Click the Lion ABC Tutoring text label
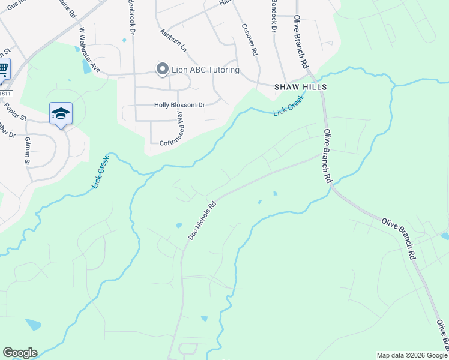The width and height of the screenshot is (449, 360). click(x=205, y=70)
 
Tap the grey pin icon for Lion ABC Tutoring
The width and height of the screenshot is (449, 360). click(x=162, y=70)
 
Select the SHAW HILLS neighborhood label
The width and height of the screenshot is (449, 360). click(x=301, y=87)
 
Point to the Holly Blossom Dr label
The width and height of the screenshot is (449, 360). click(x=179, y=105)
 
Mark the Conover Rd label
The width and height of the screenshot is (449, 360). click(x=249, y=39)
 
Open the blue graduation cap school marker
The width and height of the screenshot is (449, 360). click(x=61, y=113)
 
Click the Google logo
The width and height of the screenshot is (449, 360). click(x=20, y=353)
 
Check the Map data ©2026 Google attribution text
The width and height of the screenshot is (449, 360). click(x=412, y=355)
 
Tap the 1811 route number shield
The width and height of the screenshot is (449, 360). click(x=5, y=93)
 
